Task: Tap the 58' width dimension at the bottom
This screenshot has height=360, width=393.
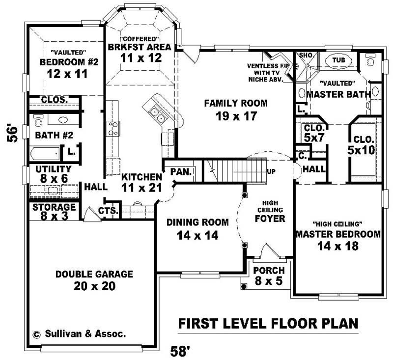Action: (180, 351)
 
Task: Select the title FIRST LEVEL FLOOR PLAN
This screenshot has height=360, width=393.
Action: (267, 324)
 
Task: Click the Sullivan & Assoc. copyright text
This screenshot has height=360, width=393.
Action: (79, 333)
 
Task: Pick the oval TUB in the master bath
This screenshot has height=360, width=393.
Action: (338, 60)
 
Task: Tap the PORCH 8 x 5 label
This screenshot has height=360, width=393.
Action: (268, 276)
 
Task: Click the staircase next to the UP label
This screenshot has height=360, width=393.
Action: (231, 170)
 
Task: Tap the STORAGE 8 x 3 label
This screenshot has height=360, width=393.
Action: (54, 212)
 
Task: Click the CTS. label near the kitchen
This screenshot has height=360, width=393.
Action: (108, 210)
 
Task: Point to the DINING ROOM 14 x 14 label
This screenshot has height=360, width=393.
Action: (197, 228)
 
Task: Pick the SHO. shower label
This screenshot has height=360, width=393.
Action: (306, 55)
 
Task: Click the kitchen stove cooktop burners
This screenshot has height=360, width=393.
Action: (113, 129)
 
